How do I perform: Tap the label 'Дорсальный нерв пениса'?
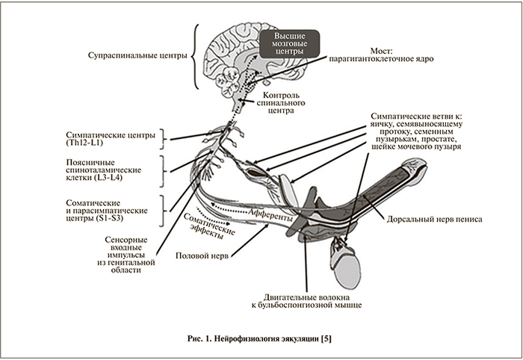(x=435, y=222)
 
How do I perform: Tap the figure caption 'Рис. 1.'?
(x=201, y=338)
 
